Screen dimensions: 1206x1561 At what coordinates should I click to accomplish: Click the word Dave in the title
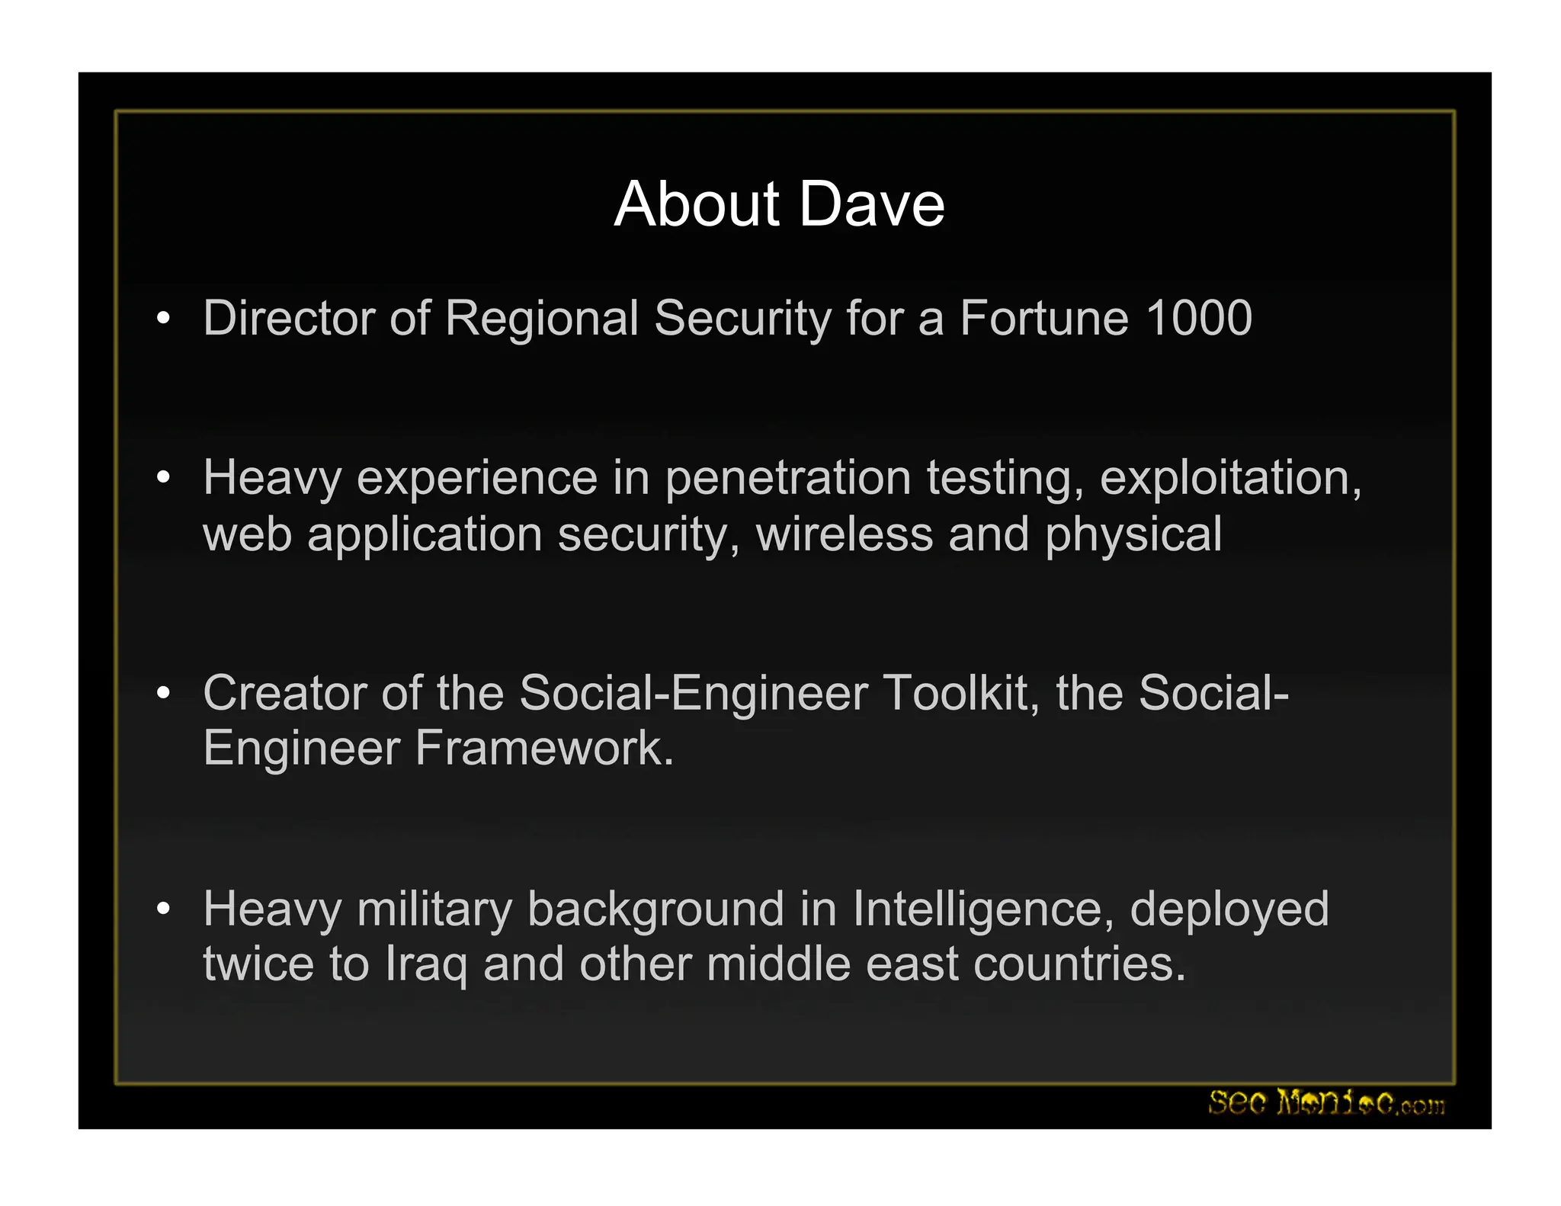[872, 204]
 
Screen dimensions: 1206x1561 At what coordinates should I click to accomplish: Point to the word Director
[288, 318]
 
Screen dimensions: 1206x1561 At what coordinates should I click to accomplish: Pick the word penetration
[788, 479]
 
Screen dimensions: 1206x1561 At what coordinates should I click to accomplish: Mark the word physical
[1133, 535]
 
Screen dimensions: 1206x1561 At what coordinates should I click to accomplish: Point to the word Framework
[544, 748]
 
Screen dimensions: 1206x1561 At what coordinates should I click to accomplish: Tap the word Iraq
[426, 965]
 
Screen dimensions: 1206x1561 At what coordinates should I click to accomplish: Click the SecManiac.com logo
[1325, 1102]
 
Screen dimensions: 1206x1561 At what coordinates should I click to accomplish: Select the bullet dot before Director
[162, 319]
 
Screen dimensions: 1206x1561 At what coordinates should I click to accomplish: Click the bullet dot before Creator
[162, 694]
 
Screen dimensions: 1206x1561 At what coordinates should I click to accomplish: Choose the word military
[434, 910]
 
